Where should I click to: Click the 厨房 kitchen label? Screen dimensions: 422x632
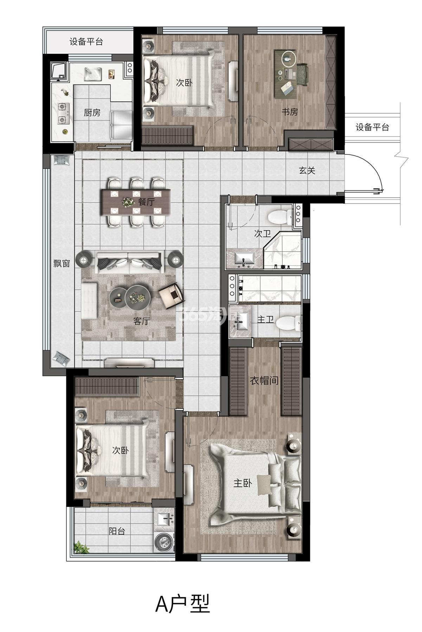(92, 113)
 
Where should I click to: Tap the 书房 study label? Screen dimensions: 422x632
(289, 112)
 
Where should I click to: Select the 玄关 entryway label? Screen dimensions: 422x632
(307, 171)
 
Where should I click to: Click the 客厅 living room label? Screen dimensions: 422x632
(142, 321)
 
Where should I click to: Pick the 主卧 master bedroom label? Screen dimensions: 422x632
(243, 484)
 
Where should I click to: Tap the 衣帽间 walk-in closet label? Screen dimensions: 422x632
(264, 380)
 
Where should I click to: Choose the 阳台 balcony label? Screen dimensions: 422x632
(117, 531)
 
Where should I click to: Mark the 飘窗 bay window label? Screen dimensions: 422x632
(62, 263)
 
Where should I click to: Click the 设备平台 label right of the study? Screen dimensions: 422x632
(372, 127)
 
